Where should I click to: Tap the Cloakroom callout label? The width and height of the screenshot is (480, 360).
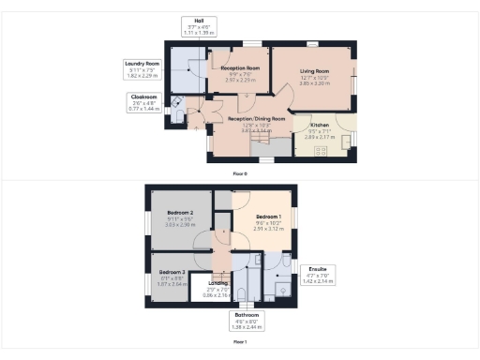[x=143, y=101]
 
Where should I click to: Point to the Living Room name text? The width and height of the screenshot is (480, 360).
[x=315, y=71]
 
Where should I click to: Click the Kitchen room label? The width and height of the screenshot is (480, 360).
[x=319, y=124]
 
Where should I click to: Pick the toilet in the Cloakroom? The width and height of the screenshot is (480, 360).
[x=178, y=103]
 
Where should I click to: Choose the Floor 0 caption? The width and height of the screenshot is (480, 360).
[x=240, y=174]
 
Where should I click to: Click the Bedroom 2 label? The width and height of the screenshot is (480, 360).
[x=179, y=214]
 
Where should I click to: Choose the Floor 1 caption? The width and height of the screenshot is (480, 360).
[x=240, y=342]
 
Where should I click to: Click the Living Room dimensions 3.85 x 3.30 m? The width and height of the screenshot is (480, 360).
[x=315, y=84]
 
